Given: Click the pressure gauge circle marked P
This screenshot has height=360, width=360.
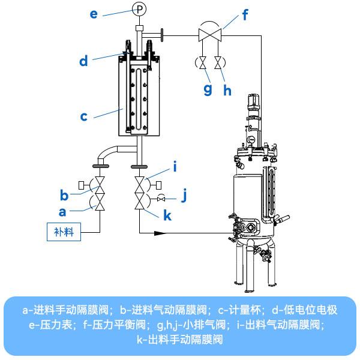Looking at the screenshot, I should coord(139,9).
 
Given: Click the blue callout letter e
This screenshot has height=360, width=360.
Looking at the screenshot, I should coord(94,13).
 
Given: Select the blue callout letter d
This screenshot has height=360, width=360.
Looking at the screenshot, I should coord(83,61).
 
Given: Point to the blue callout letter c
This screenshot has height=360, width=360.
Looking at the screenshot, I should coord(84,116).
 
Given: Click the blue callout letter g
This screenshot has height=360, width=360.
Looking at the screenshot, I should coord(208,89).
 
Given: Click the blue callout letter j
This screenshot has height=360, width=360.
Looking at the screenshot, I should coord(185,195).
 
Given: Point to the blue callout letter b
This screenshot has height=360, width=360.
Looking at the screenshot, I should coord(64,195).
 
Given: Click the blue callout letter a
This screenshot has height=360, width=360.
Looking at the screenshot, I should coord(63,211).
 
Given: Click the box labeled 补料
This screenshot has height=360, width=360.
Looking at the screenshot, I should coord(64,232).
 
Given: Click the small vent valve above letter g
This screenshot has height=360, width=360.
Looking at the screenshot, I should coord(201,62).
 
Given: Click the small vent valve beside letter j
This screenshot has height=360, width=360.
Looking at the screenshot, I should coord(161,199).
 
